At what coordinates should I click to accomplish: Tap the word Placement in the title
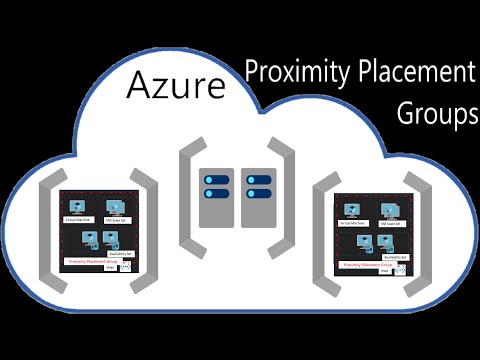click(412, 74)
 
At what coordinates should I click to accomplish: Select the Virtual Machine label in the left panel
click(78, 218)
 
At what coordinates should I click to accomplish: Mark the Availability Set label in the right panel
click(396, 256)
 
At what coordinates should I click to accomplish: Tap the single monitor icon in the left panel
click(77, 205)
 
